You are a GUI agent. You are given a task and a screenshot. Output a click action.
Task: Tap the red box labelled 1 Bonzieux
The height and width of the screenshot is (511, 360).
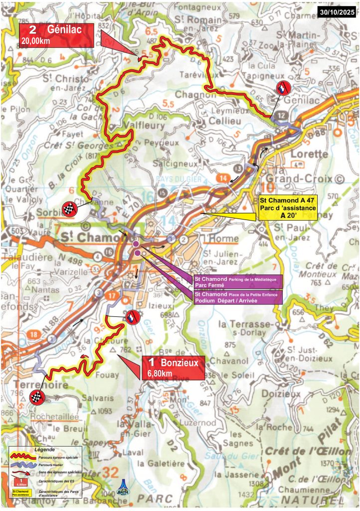(x=173, y=368)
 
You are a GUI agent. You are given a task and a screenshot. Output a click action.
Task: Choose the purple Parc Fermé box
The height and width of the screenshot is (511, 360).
(x=238, y=282)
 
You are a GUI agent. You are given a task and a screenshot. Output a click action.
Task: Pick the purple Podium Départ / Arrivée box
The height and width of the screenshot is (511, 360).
(x=238, y=297)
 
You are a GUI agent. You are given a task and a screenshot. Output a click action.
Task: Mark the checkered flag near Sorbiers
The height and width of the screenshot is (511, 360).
(x=69, y=210)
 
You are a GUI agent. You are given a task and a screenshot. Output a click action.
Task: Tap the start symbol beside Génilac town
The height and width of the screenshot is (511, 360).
(x=283, y=88)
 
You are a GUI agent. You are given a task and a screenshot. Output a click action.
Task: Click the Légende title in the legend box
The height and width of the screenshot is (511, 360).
(x=46, y=450)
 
